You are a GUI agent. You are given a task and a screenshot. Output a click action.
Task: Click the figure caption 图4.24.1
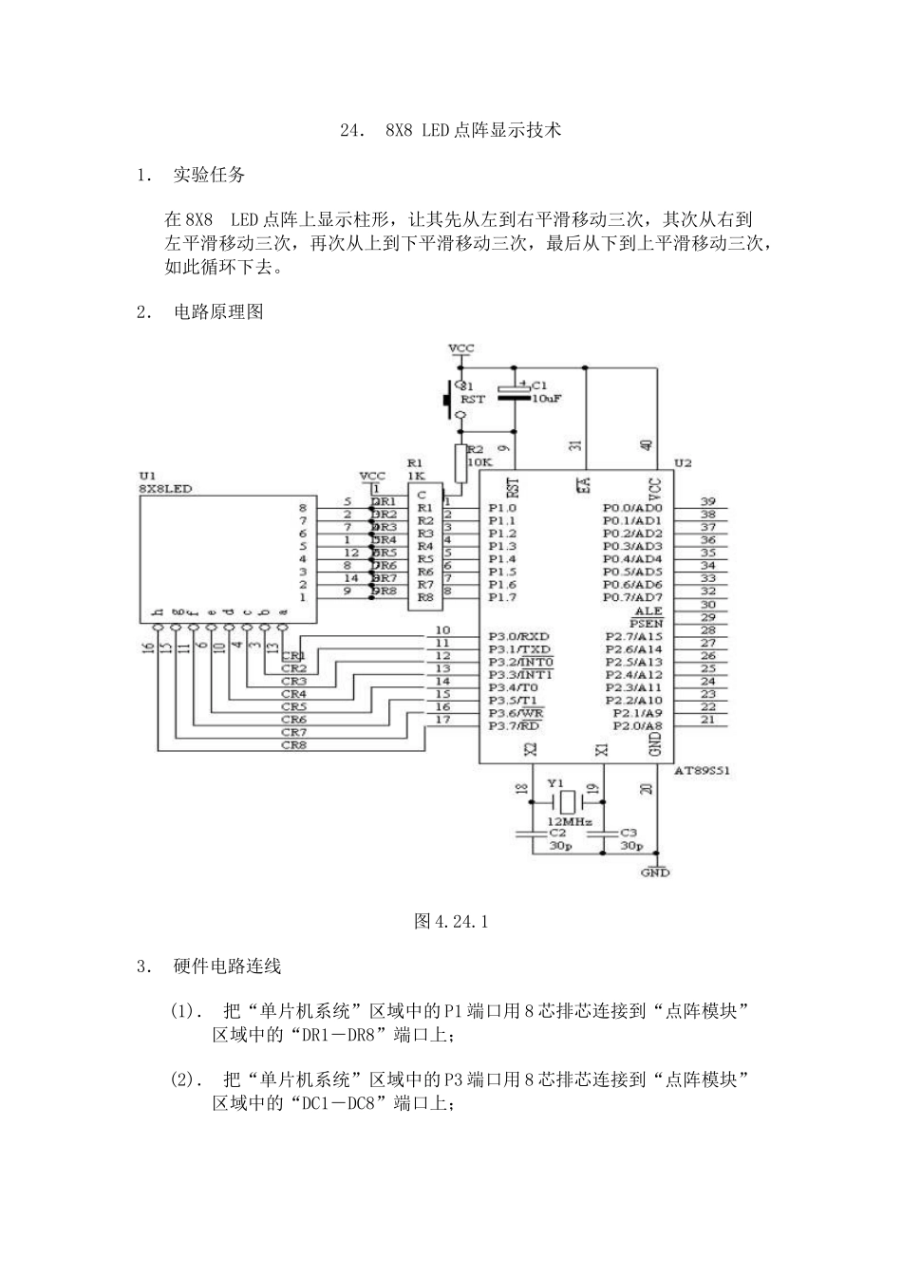(x=451, y=921)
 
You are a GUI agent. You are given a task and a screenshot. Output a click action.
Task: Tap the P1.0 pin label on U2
(x=502, y=508)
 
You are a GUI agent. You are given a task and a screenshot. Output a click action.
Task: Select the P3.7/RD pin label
(x=514, y=725)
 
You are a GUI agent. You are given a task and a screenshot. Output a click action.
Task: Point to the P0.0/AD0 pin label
(x=632, y=508)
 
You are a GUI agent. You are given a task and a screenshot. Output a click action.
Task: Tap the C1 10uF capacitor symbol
(x=517, y=393)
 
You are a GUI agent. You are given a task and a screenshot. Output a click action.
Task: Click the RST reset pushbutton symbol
(x=450, y=400)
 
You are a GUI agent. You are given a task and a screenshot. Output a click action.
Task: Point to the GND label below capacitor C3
(x=655, y=872)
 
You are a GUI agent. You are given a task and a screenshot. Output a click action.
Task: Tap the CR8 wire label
(x=293, y=745)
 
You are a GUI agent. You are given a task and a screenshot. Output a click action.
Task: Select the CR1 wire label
(x=293, y=656)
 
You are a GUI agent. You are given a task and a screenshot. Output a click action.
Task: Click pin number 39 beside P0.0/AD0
(x=707, y=501)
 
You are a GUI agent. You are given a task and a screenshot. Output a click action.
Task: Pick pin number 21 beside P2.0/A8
(x=707, y=719)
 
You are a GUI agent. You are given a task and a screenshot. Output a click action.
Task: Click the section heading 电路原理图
(x=218, y=312)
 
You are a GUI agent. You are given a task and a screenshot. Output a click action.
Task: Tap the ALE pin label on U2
(x=648, y=610)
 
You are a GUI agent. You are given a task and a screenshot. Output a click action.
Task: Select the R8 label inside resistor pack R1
(x=424, y=597)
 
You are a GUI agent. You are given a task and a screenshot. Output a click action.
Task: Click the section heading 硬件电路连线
(x=227, y=966)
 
